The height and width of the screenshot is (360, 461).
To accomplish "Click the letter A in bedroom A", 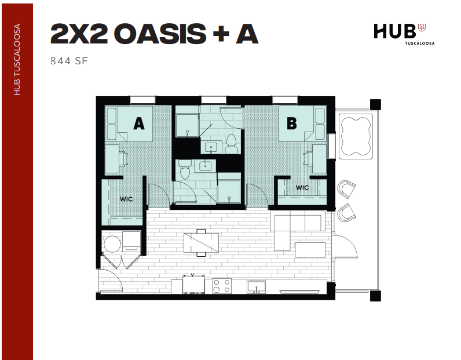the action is point(139,123).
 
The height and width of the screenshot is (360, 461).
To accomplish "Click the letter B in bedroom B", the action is point(292,123).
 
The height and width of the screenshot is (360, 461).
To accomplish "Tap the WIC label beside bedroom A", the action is point(126,199).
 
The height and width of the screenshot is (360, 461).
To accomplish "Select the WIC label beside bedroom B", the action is point(302,187).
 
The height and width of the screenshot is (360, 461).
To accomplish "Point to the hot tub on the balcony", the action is point(356,136).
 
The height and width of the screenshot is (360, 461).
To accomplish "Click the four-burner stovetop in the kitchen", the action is point(222,286).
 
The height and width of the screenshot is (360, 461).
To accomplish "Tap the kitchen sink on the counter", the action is point(256,286).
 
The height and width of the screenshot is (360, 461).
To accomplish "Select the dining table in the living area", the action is point(201,243).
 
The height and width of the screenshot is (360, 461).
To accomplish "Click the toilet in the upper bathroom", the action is point(232,144).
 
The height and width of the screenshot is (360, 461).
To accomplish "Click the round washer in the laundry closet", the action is point(112,244).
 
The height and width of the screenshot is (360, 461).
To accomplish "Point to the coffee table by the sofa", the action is point(310,250).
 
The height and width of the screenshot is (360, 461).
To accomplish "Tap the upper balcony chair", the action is point(346,188).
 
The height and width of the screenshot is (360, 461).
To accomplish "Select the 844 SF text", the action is point(69,61).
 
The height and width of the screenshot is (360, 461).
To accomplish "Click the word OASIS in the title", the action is point(160,34).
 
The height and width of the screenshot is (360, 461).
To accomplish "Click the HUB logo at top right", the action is point(404,34).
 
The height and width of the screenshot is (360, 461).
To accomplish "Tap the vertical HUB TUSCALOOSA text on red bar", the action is point(17,60).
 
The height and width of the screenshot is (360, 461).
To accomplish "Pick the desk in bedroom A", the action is point(112,159).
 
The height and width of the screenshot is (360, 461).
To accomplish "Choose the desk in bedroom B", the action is point(319,159).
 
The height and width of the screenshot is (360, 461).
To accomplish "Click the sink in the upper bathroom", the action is point(211,147).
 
